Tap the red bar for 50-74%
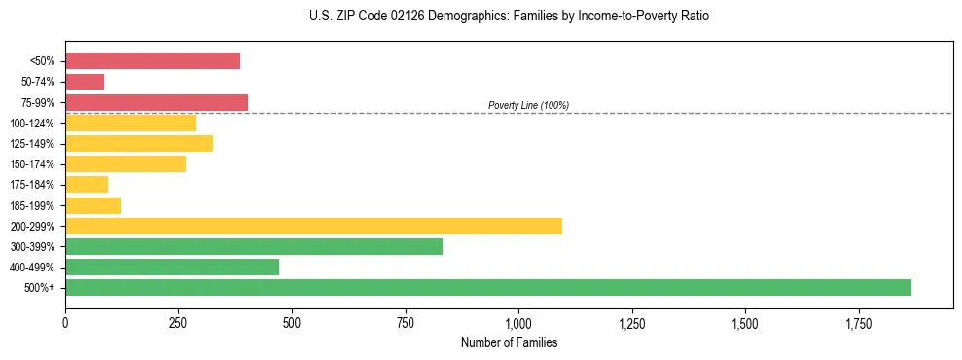point(85,82)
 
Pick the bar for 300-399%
point(254,246)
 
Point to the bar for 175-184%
point(87,185)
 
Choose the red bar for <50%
point(153,61)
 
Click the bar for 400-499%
point(172,267)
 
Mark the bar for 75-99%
point(157,102)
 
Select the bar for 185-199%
point(93,205)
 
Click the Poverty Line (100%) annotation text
point(528,105)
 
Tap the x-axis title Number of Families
point(509,342)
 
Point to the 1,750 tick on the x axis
point(858,322)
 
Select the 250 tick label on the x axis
point(178,322)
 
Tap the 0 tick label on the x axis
point(65,322)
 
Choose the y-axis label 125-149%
point(32,144)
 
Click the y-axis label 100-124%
point(32,124)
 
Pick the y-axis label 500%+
point(40,288)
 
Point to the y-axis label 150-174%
point(32,164)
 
